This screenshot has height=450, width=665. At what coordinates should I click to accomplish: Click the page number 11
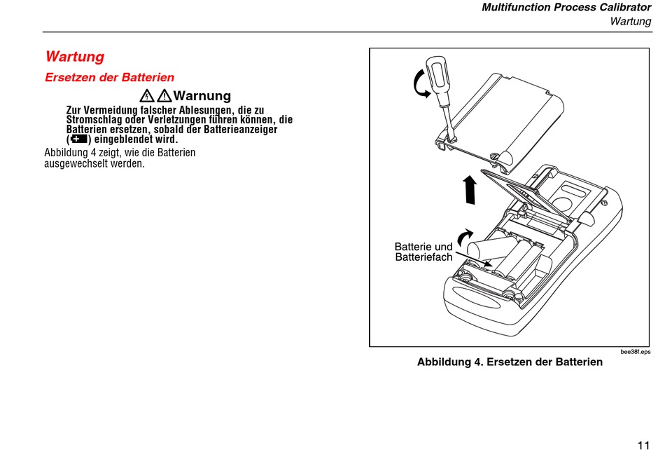644,444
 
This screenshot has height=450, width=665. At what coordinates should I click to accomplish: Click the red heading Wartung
74,56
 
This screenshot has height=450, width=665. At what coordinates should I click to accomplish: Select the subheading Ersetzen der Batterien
109,77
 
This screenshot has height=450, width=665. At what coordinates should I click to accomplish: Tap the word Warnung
202,95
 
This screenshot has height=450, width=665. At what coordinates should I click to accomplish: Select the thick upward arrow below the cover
470,189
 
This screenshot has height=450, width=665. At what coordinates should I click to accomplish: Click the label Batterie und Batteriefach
423,252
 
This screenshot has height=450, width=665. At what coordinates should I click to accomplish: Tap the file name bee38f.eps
635,351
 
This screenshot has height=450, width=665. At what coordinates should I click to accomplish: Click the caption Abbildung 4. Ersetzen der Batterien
510,362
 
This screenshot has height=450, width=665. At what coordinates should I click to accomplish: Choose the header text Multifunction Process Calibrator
566,8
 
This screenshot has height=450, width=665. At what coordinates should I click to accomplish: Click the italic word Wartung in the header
630,21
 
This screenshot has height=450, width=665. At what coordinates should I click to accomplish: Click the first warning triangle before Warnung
147,95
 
